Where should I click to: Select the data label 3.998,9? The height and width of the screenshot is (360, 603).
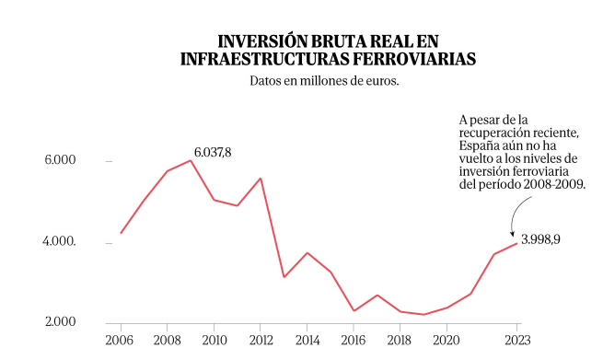pyautogui.click(x=541, y=238)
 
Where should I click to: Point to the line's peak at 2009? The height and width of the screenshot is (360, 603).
pyautogui.click(x=191, y=160)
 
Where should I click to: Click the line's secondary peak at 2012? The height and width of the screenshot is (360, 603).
pyautogui.click(x=261, y=179)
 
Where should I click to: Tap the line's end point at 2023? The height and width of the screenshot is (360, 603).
pyautogui.click(x=517, y=243)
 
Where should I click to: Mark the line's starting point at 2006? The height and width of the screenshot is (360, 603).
pyautogui.click(x=121, y=233)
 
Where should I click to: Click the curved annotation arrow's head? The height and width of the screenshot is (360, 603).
pyautogui.click(x=512, y=236)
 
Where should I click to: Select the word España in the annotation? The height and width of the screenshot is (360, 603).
pyautogui.click(x=480, y=145)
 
